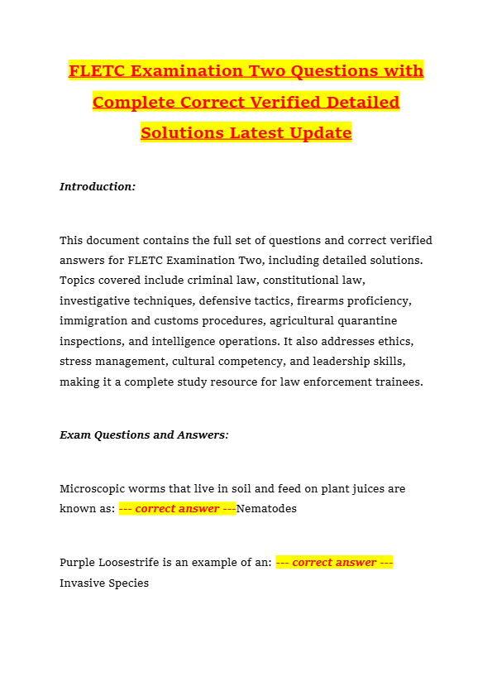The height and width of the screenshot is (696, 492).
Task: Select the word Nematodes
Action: [x=266, y=509]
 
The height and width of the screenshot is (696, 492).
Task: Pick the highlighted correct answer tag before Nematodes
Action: [x=177, y=509]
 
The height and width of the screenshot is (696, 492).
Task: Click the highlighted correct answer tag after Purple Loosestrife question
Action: [x=334, y=563]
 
